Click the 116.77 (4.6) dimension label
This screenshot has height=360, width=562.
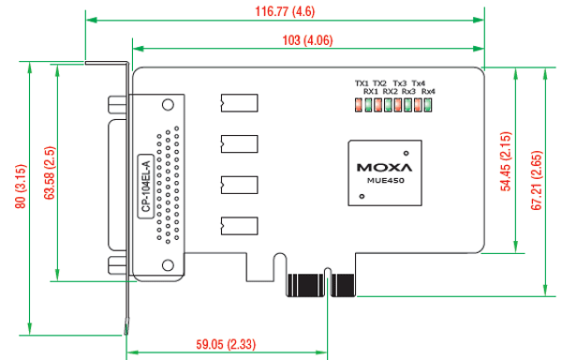(285, 11)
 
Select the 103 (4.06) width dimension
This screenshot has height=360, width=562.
(307, 40)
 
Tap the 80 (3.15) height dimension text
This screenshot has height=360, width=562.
(21, 187)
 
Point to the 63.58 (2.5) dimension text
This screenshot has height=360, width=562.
(50, 172)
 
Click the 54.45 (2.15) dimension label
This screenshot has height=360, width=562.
(506, 161)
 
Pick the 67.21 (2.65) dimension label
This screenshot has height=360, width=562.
(537, 180)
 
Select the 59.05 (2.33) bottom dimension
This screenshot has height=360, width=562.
(226, 344)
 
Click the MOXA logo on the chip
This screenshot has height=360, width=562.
(385, 167)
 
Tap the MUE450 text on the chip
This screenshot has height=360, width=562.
(385, 180)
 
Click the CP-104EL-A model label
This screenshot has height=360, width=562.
(146, 187)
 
